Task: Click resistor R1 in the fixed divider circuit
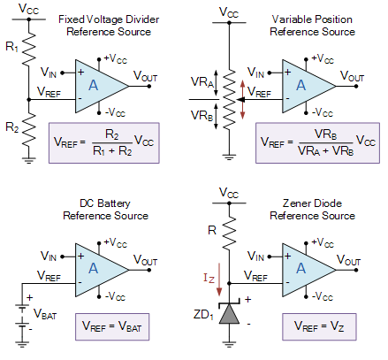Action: [29, 48]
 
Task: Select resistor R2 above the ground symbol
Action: [29, 130]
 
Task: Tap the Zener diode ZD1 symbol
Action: [230, 313]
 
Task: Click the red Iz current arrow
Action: [219, 280]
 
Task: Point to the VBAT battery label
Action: [45, 314]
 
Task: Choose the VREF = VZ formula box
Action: [319, 326]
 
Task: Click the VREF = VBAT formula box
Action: [112, 326]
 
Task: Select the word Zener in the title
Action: [295, 203]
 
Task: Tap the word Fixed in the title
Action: [72, 19]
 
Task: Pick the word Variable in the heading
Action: [291, 19]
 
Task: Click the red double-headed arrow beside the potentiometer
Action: [242, 100]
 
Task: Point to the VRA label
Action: [202, 81]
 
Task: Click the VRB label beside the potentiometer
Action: [202, 116]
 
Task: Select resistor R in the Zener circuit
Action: [229, 231]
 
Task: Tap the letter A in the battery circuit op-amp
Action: [94, 269]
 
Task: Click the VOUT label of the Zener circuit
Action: [348, 260]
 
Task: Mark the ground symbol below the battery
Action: [22, 343]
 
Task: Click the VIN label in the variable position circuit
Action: [255, 73]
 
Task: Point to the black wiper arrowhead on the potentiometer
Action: [240, 100]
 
